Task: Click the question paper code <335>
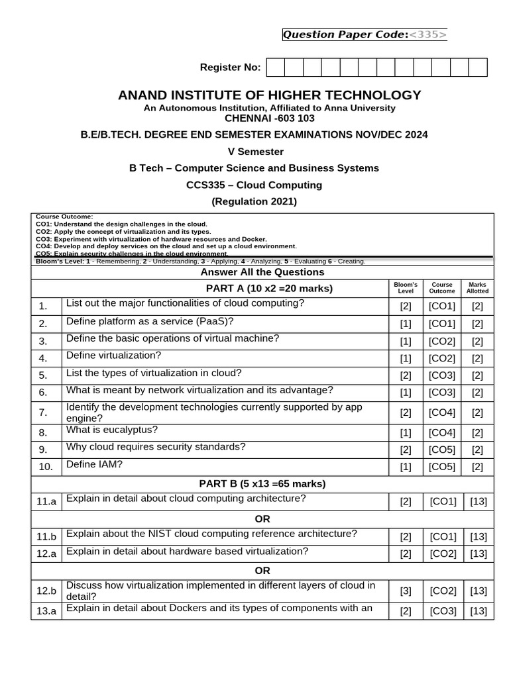pos(428,34)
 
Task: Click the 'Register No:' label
pos(231,68)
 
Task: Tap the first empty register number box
pos(275,68)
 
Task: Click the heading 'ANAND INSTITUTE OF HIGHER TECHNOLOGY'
pos(269,95)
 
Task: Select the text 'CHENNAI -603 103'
pos(270,118)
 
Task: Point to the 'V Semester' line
pos(255,151)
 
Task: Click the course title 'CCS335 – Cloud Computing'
pos(254,185)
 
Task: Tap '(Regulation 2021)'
pos(254,201)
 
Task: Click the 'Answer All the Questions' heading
pos(262,272)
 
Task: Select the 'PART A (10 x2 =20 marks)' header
pos(269,288)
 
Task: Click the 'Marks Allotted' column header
pos(477,288)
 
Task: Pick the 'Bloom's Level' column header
pos(406,288)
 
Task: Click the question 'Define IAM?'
pos(94,464)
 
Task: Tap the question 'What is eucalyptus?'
pos(112,430)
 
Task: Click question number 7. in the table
pos(43,412)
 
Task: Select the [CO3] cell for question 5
pos(442,375)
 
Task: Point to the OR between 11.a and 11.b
pos(262,518)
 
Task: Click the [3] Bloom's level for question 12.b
pos(406,591)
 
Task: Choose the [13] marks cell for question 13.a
pos(478,611)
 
